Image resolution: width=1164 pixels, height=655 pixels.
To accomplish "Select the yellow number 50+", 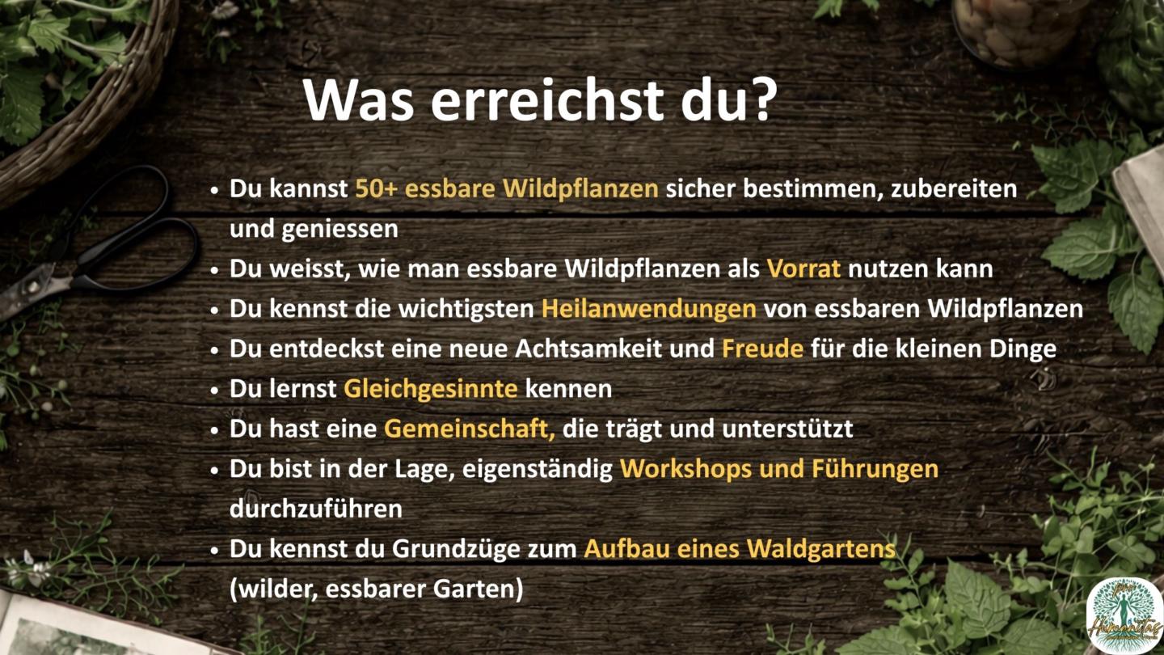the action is [x=376, y=188].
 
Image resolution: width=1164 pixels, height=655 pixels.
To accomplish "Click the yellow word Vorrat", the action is [x=803, y=268].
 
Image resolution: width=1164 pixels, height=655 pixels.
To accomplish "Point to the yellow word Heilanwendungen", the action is [x=648, y=309].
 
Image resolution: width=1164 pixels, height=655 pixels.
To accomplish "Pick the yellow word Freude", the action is [x=762, y=349].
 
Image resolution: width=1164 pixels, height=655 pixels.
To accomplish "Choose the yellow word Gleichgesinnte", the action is [x=431, y=389].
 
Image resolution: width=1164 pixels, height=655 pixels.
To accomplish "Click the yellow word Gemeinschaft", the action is [x=469, y=429].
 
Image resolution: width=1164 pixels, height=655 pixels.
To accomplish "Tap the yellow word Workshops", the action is [x=686, y=469].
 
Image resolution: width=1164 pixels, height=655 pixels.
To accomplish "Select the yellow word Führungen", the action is [x=875, y=469].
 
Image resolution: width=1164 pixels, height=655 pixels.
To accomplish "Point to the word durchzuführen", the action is [x=316, y=509].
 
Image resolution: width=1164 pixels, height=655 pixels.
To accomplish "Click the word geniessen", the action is [x=339, y=230].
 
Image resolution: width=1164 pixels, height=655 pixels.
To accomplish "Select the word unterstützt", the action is [x=787, y=429].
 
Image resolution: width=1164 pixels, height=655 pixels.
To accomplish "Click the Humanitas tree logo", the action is [x=1124, y=615].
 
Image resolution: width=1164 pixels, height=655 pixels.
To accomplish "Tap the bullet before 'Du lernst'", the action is [x=215, y=391].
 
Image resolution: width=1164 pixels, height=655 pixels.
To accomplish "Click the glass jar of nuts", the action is [x=1018, y=28].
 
